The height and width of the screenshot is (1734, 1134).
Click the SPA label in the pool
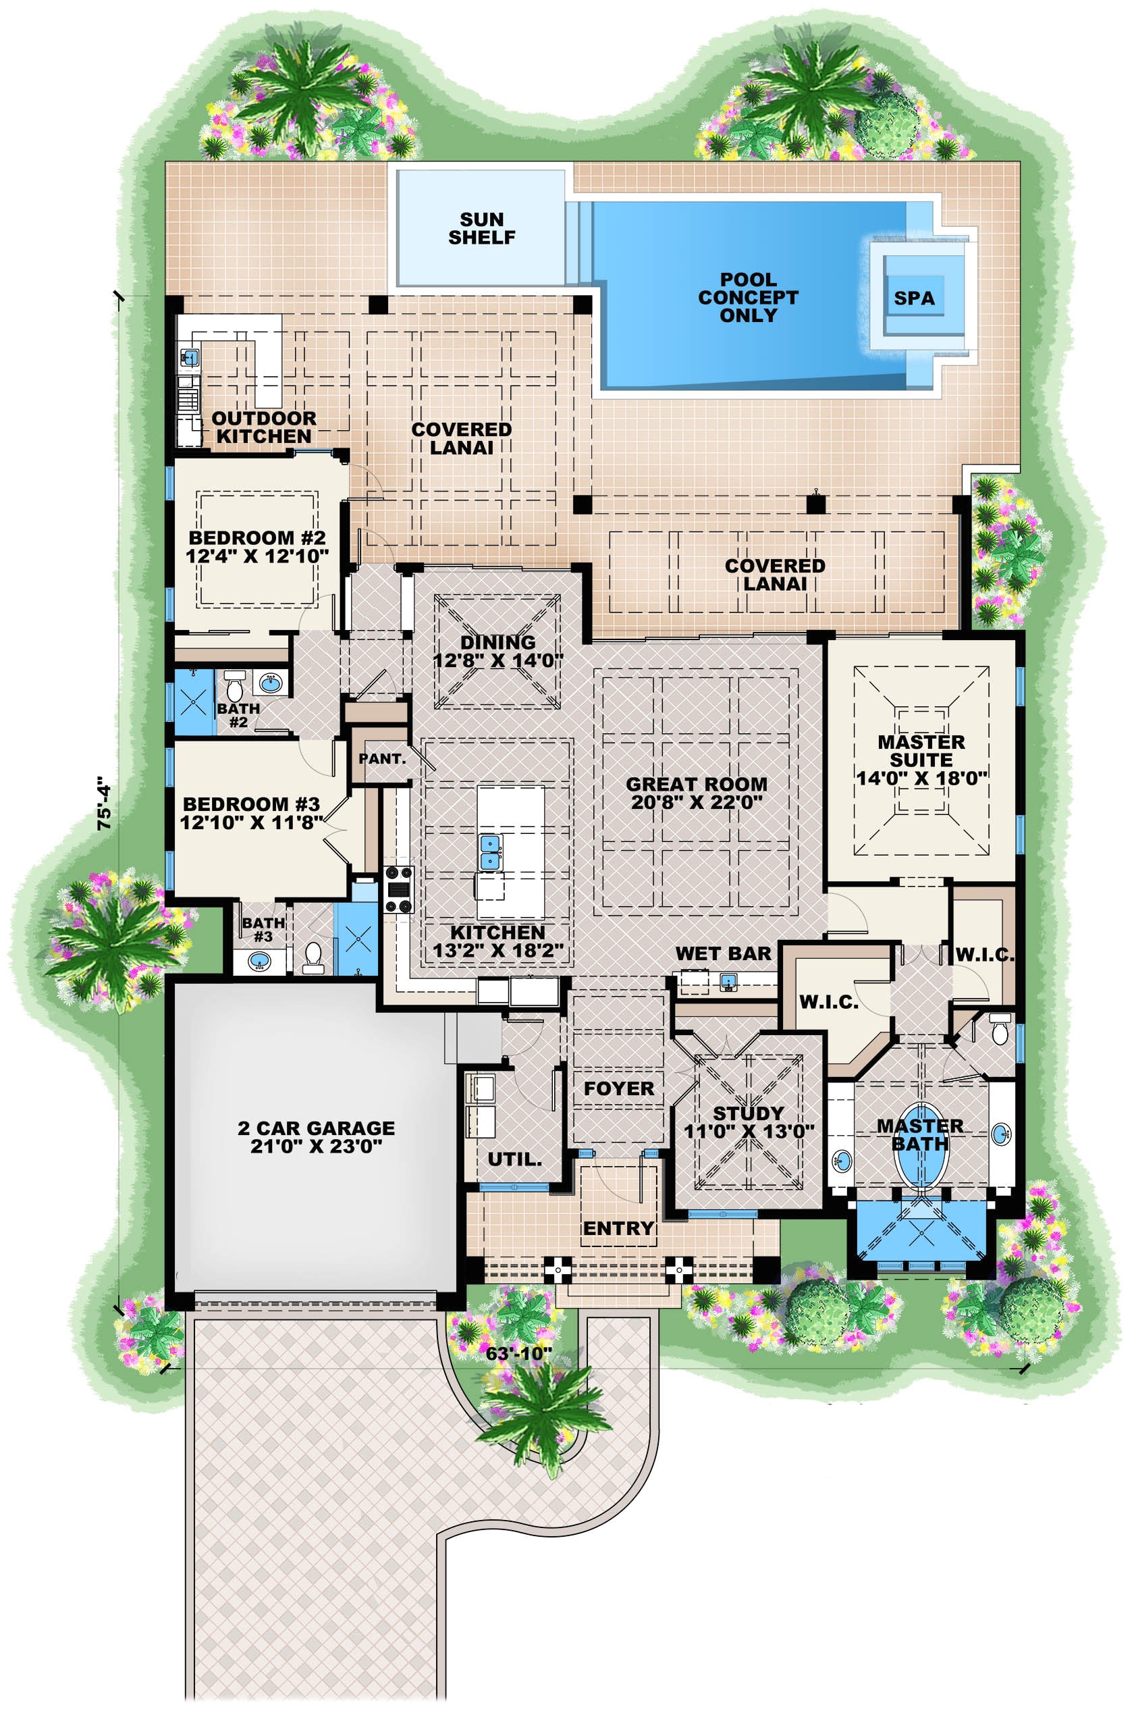[x=913, y=298]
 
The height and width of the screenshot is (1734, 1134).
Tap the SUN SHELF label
[x=481, y=228]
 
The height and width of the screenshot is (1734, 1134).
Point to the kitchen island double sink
[x=490, y=851]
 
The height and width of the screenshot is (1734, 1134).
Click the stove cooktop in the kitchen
[x=398, y=889]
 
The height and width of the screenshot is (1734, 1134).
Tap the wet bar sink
[x=728, y=984]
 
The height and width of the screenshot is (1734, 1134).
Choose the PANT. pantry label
[x=381, y=758]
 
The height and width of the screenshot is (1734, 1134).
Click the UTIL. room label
[x=515, y=1159]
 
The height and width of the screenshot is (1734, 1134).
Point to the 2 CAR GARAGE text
[x=316, y=1128]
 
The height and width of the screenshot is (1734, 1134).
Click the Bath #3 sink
[x=259, y=962]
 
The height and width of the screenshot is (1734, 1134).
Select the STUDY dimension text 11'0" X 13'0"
[x=748, y=1132]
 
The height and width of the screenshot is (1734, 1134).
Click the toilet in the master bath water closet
[x=1000, y=1032]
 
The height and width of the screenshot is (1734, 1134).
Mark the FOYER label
[x=618, y=1088]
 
